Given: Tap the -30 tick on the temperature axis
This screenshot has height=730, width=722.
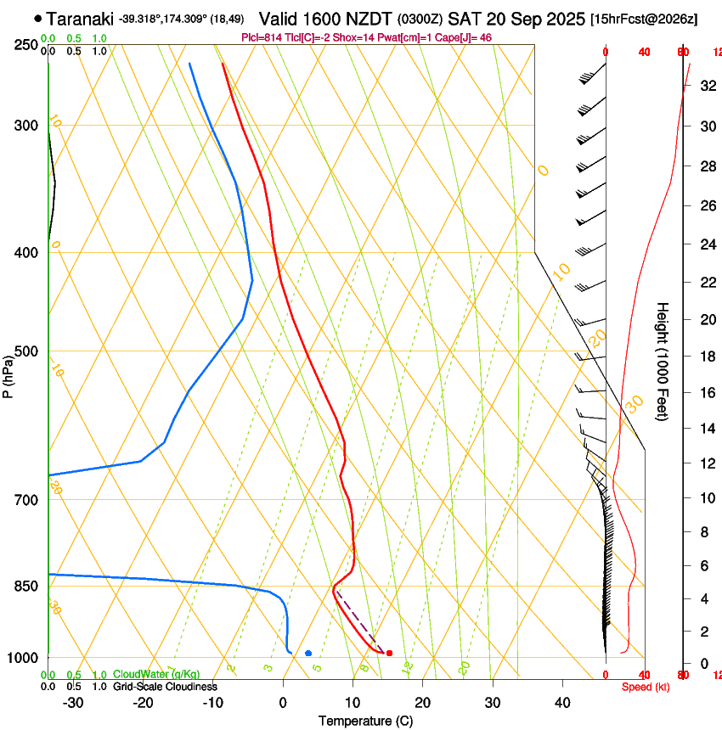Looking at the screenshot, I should point(73,702).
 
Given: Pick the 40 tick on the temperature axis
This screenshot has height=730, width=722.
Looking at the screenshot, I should point(562,702).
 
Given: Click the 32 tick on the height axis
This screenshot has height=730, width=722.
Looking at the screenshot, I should point(707,86).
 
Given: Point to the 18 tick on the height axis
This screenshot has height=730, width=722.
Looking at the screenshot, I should point(707,357).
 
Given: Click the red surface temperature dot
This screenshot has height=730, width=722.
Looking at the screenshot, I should point(389,653).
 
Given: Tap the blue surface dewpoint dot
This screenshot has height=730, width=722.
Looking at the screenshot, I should point(308,653).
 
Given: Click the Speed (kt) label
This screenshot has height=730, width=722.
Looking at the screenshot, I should point(645,687).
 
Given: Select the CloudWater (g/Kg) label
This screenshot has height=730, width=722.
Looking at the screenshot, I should point(156,674).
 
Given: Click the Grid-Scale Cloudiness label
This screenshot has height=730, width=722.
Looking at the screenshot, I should point(165,686).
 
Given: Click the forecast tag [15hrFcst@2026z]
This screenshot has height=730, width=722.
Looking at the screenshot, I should point(643,19).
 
